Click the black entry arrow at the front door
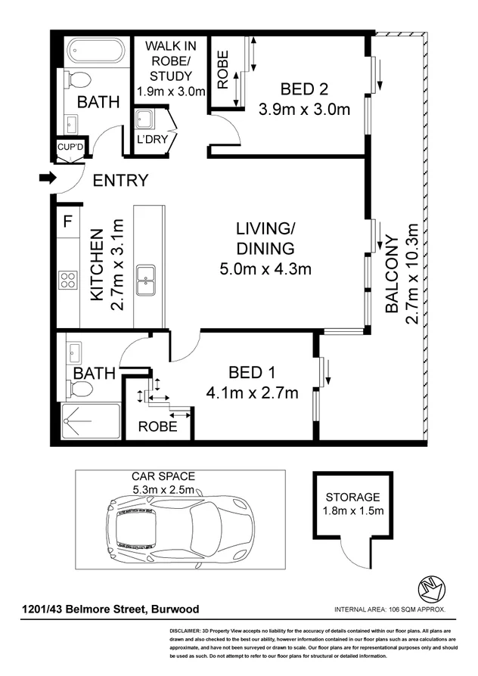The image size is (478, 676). pyautogui.click(x=47, y=179)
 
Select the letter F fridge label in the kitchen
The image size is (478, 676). pyautogui.click(x=67, y=222)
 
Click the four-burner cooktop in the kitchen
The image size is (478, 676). pyautogui.click(x=68, y=280)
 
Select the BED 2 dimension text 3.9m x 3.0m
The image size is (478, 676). pyautogui.click(x=304, y=109)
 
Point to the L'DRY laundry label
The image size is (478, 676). pyautogui.click(x=150, y=141)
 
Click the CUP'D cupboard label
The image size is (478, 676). pyautogui.click(x=71, y=147)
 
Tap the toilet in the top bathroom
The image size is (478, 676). pyautogui.click(x=77, y=79)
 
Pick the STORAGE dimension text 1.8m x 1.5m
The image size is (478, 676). pyautogui.click(x=352, y=512)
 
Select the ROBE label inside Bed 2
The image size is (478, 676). pyautogui.click(x=223, y=70)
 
